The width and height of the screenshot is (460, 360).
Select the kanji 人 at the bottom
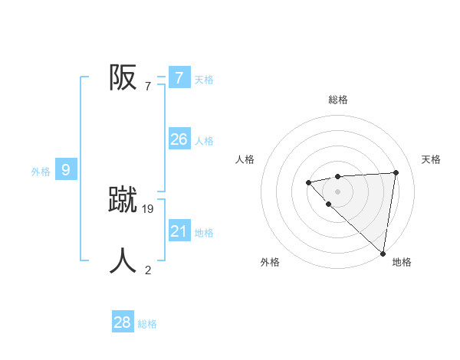click(x=123, y=260)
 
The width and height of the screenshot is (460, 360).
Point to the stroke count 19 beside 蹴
click(x=148, y=208)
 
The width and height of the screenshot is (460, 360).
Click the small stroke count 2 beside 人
click(x=148, y=270)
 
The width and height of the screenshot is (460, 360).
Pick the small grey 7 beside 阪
click(x=147, y=86)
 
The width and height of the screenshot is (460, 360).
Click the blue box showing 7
click(x=179, y=77)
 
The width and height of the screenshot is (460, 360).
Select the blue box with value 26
click(x=179, y=139)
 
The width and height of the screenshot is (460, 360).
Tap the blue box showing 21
click(x=179, y=231)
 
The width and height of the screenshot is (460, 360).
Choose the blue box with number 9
click(x=66, y=170)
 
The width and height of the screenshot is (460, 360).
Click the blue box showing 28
click(x=123, y=322)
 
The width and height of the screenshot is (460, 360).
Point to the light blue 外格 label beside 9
click(x=41, y=172)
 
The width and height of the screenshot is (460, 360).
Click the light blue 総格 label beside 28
click(x=147, y=324)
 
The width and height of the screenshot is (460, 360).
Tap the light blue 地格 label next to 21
click(x=204, y=233)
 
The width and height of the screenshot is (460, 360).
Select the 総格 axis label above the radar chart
click(x=337, y=100)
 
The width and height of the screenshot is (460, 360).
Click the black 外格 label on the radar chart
click(x=270, y=262)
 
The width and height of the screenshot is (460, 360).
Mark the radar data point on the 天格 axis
click(x=396, y=172)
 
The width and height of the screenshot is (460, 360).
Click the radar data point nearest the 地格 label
click(x=383, y=254)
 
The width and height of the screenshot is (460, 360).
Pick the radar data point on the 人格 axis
click(x=308, y=182)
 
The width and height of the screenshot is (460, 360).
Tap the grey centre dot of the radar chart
click(x=337, y=191)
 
